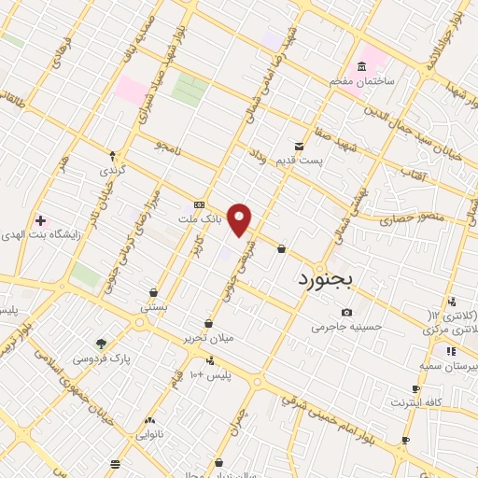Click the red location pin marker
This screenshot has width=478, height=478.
coord(240,218)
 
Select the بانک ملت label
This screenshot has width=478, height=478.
coord(201,218)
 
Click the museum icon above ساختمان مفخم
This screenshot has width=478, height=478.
coord(360,66)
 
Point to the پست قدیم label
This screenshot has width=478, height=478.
coord(299,162)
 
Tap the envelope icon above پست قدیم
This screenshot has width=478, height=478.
coord(299,147)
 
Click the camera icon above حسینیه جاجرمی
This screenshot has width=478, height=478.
coord(347,312)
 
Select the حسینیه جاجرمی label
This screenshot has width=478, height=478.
coord(347,327)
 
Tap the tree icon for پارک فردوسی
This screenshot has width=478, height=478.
coord(101,343)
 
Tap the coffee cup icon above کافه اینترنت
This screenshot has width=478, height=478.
coord(415,388)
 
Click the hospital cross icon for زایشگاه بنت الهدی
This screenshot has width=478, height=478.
coord(39,220)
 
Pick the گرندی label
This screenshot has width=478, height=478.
coord(112,171)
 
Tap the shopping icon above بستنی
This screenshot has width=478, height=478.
coord(153,292)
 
